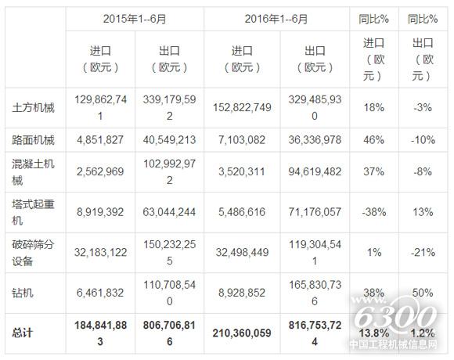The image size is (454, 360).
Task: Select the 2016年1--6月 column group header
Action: point(277,17)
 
